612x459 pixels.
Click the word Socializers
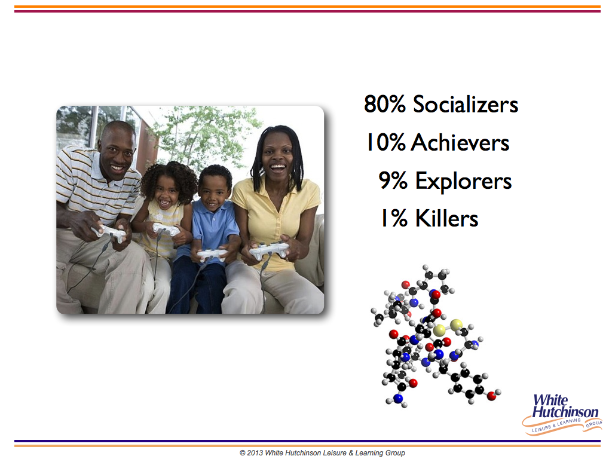(x=465, y=104)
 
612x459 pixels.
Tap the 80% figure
(x=385, y=104)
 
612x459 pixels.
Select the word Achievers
(x=460, y=142)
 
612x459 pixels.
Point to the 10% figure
(x=385, y=142)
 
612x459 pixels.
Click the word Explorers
(x=463, y=180)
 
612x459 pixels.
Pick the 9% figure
(x=393, y=180)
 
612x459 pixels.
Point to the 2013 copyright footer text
(x=322, y=453)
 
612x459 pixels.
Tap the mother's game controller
(x=270, y=250)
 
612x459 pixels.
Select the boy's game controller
(x=211, y=255)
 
